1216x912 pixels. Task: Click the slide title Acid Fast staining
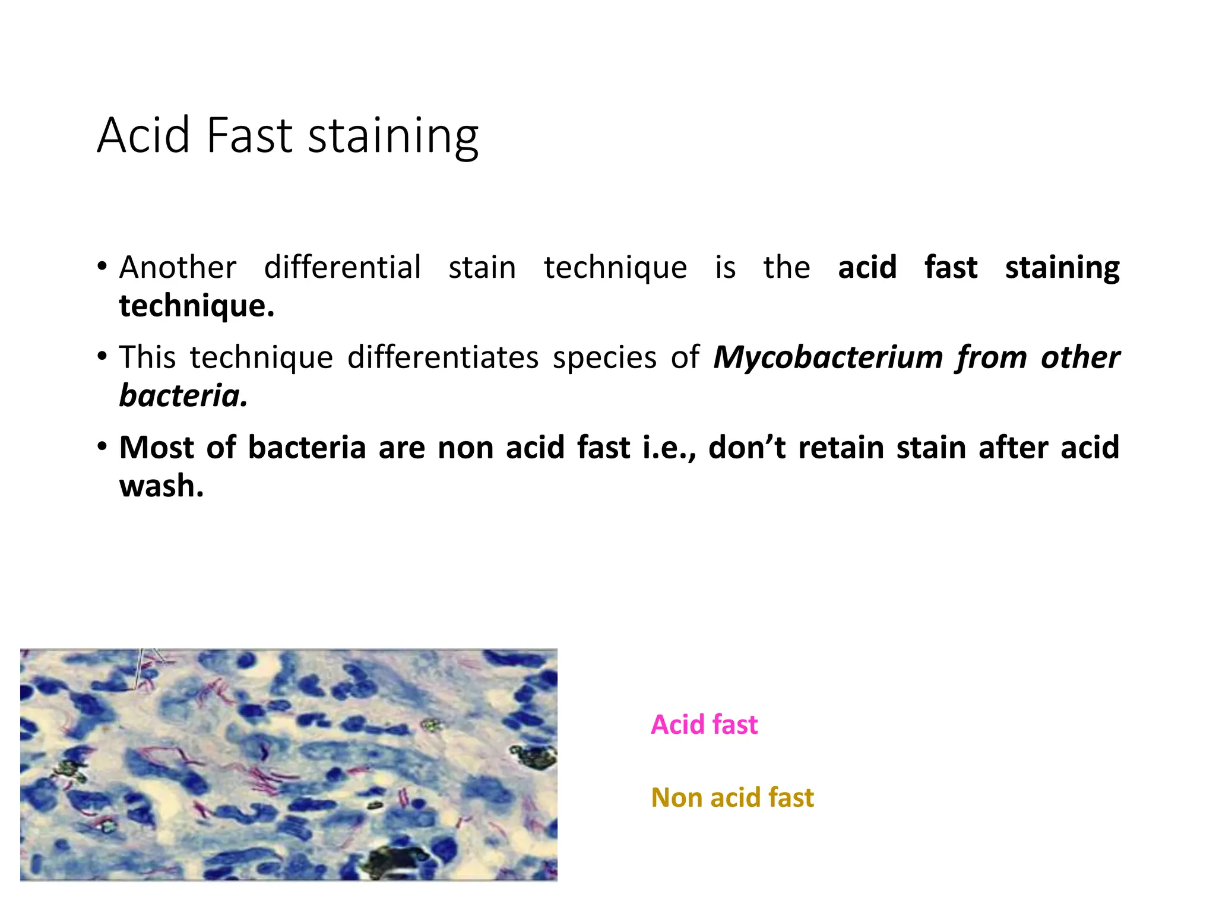point(287,135)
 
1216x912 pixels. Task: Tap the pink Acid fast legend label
point(704,724)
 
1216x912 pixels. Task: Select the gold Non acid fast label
point(732,797)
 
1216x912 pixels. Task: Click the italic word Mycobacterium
point(828,358)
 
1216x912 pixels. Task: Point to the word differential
point(343,267)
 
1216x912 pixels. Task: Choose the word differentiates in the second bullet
point(443,357)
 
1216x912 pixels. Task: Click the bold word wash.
point(161,486)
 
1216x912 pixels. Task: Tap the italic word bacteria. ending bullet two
point(183,396)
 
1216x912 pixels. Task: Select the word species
point(604,358)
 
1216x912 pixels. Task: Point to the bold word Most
point(156,448)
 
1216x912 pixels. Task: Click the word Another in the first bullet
point(178,267)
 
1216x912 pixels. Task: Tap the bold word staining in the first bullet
point(1062,268)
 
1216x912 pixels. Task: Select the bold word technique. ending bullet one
point(197,306)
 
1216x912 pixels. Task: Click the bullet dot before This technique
point(103,357)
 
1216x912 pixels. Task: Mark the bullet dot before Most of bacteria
point(103,446)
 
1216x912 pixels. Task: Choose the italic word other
point(1080,358)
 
